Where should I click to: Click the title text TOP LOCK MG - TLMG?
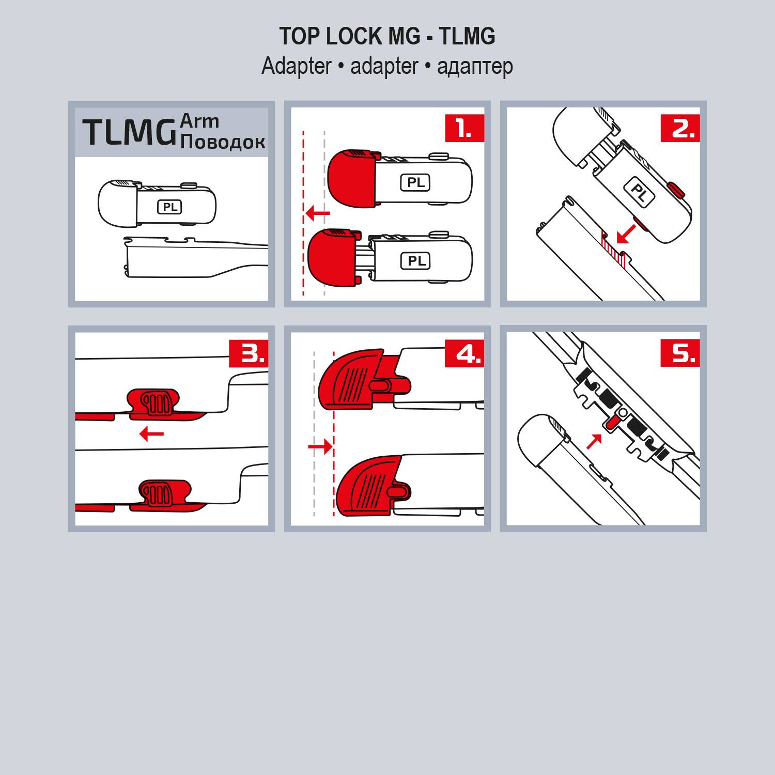(x=387, y=36)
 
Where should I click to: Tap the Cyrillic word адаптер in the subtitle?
(x=475, y=67)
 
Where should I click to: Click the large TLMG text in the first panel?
(x=129, y=132)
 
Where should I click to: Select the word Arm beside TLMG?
(x=199, y=121)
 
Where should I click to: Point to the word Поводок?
(x=223, y=142)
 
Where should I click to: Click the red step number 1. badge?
(x=464, y=128)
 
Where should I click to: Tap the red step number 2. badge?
(x=680, y=128)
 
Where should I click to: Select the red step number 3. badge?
(x=248, y=353)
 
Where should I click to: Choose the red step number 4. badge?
(x=464, y=353)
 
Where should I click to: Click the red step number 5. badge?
(x=680, y=353)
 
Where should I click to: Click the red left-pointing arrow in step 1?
(x=317, y=212)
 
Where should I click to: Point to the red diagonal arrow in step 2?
(x=626, y=233)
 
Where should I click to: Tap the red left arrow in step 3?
(x=151, y=433)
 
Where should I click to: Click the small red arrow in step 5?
(x=595, y=441)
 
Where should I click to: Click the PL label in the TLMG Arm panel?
(x=170, y=207)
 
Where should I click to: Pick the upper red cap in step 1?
(x=351, y=176)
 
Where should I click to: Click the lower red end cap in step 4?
(x=369, y=486)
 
